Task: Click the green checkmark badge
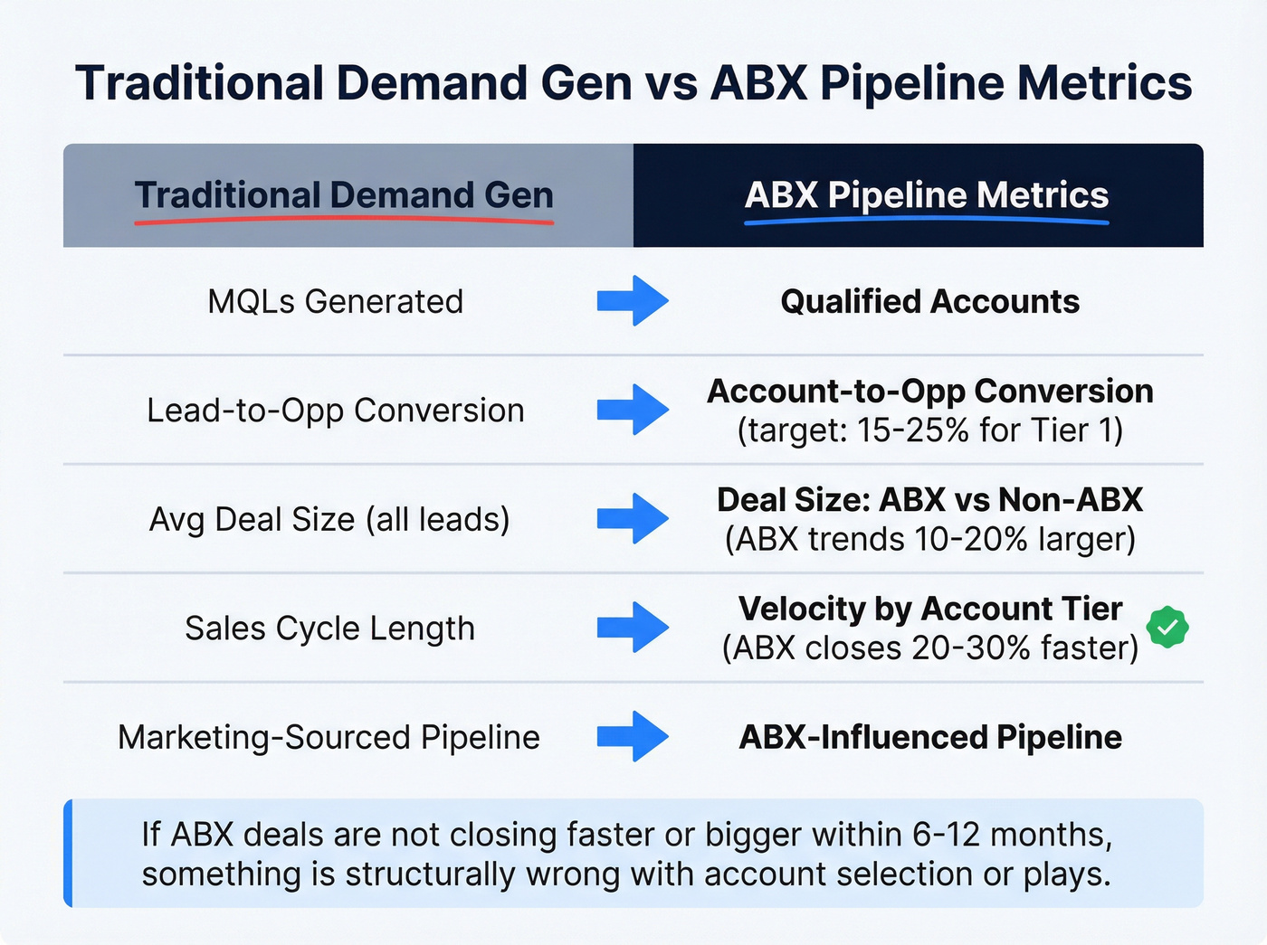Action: point(1167,628)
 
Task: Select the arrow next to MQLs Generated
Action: point(633,300)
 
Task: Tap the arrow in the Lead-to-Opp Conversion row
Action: point(633,410)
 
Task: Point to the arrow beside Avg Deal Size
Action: point(633,518)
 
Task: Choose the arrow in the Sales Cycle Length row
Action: point(633,628)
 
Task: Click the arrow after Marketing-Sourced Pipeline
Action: point(633,736)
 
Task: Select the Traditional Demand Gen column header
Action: point(344,195)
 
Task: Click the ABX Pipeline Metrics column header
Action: point(926,195)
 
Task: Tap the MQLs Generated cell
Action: point(335,301)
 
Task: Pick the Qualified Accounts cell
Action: point(929,301)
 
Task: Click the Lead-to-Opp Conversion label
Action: point(335,411)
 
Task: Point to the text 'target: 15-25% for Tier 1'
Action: point(929,430)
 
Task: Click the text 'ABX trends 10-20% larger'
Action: point(929,540)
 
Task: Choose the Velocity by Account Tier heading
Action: point(929,609)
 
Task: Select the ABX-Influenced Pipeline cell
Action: point(929,738)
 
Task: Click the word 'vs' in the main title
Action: point(671,83)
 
